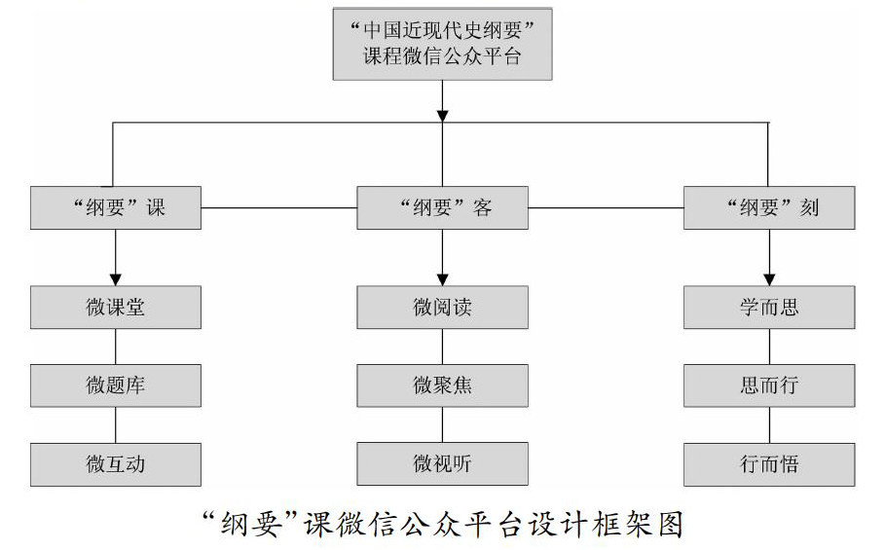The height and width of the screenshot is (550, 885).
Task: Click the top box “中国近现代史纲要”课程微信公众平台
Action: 442,44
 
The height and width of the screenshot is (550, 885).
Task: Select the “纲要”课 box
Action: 116,208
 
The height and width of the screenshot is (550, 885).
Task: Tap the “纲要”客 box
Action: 442,208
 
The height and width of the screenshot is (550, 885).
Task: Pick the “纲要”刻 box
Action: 769,208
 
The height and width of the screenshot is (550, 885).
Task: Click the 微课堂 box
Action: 116,308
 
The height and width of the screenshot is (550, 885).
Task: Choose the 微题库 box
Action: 116,385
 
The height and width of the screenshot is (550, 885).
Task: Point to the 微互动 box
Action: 116,464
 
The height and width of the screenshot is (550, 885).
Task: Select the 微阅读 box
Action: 442,308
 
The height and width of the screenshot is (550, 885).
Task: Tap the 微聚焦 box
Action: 442,385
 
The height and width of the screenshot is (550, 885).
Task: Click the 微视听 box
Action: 442,464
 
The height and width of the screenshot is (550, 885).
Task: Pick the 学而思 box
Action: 769,308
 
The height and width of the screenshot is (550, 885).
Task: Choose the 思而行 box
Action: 769,385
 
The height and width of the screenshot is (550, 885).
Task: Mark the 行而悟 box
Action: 769,464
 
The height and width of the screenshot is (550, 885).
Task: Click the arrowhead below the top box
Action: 442,115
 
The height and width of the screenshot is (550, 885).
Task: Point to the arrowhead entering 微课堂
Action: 116,278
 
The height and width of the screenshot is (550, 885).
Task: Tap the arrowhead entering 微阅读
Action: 442,278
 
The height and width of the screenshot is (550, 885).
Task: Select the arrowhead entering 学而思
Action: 769,278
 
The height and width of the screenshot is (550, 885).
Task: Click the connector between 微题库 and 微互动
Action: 116,424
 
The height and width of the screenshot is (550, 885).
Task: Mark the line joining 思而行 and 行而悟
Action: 769,424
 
